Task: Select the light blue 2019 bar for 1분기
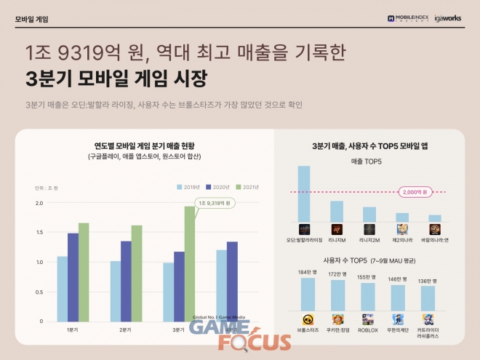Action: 62,288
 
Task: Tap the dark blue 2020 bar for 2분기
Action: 126,281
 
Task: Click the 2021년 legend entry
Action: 247,187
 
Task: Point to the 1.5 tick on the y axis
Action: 39,232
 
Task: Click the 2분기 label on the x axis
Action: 126,330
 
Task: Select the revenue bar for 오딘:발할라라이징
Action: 304,193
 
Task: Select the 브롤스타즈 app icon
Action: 308,319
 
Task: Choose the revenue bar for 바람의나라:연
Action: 434,217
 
